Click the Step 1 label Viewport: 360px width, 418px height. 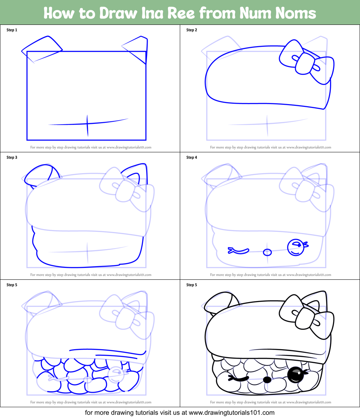tap(12, 30)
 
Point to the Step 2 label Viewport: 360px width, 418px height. tap(192, 30)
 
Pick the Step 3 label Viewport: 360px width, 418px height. tap(12, 157)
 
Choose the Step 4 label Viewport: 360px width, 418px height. tap(192, 157)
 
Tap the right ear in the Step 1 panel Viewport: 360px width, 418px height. tap(138, 49)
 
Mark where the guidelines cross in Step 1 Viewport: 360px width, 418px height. tap(87, 123)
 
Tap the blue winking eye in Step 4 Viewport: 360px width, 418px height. tap(238, 250)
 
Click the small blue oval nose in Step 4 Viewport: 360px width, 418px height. tap(267, 252)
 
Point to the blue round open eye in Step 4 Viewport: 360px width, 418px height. tap(295, 247)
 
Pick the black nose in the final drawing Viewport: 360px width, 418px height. tap(267, 379)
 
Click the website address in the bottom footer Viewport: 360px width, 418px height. tap(232, 413)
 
